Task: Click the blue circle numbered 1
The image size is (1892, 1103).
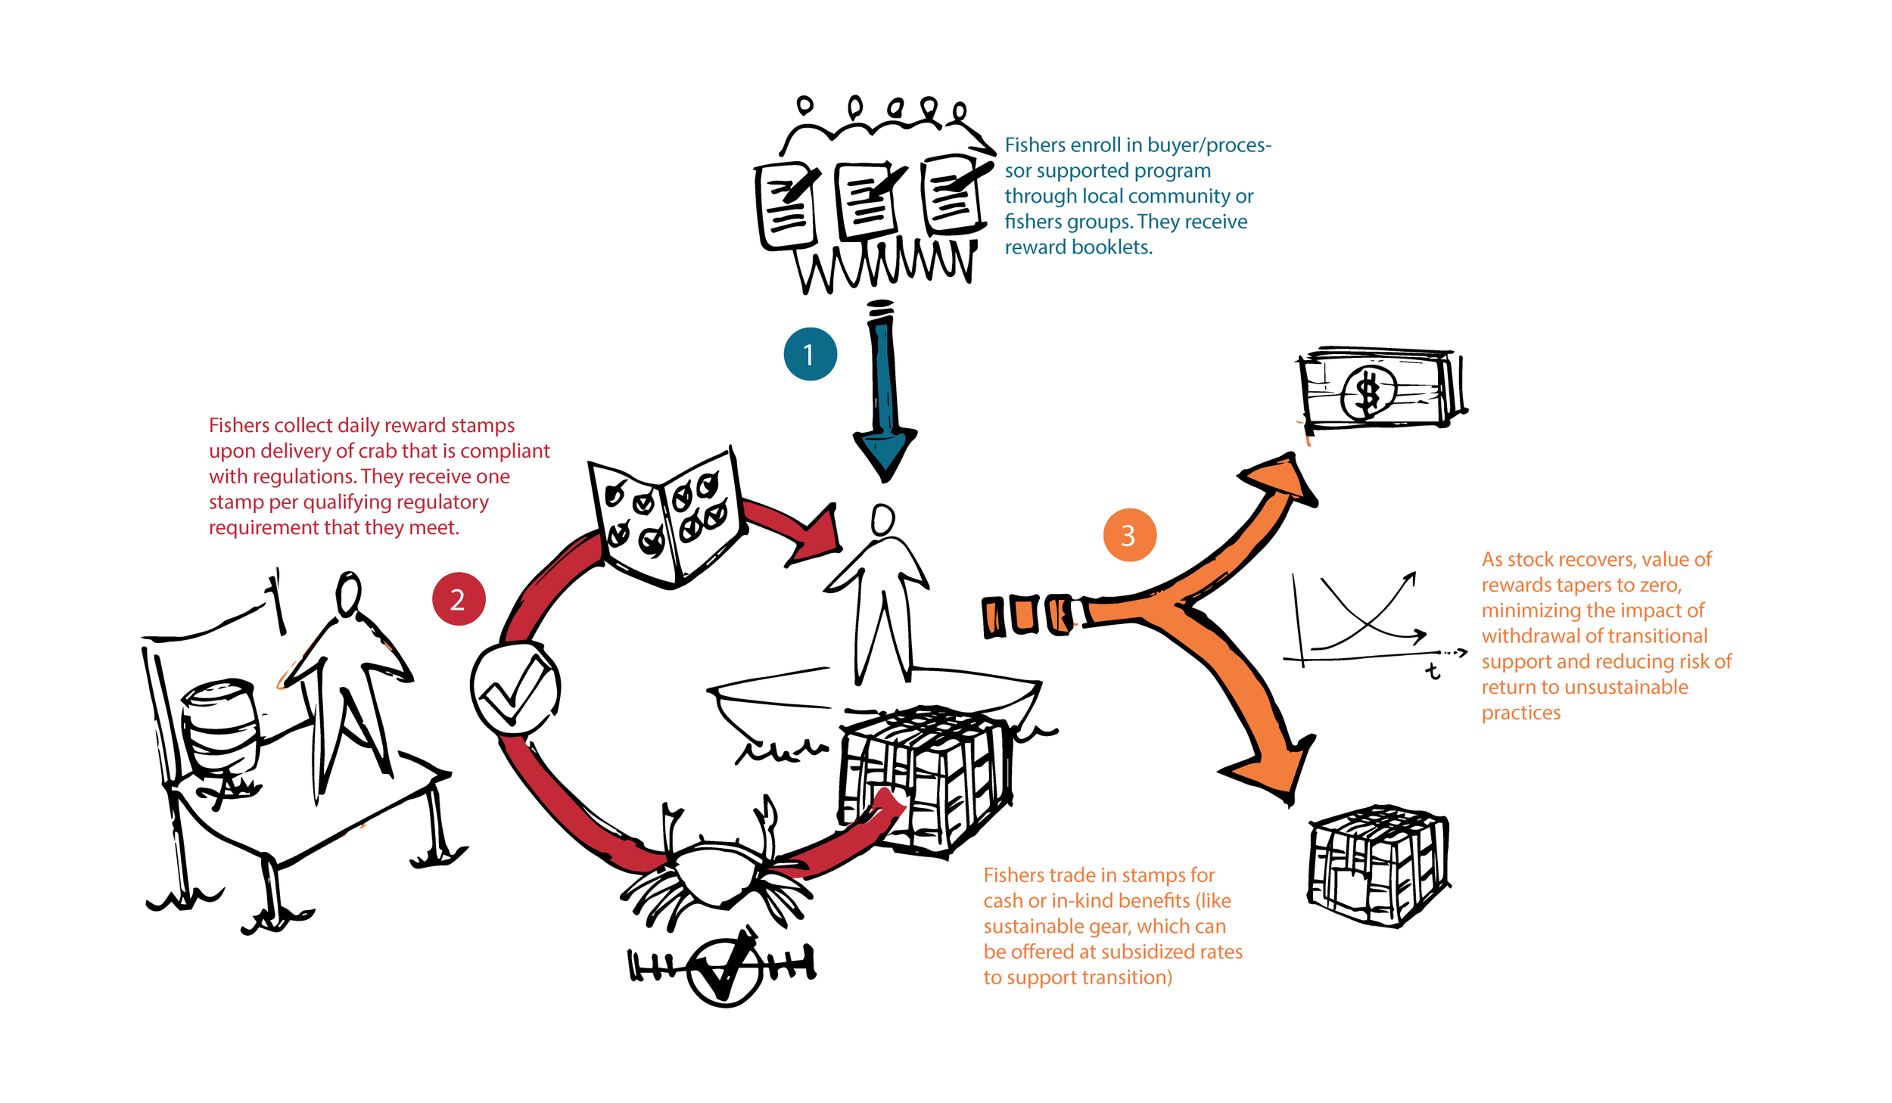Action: pyautogui.click(x=810, y=354)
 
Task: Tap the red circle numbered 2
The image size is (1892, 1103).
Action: pyautogui.click(x=459, y=599)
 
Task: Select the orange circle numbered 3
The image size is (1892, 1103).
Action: pyautogui.click(x=1129, y=535)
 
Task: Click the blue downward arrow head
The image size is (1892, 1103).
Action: pyautogui.click(x=884, y=454)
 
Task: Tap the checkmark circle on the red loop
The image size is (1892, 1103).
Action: pyautogui.click(x=515, y=689)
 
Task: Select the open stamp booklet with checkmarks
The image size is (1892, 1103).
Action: pyautogui.click(x=666, y=518)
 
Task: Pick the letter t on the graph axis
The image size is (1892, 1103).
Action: pyautogui.click(x=1432, y=671)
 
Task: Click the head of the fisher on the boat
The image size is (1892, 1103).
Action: pyautogui.click(x=882, y=520)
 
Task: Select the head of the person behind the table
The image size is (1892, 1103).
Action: pyautogui.click(x=349, y=594)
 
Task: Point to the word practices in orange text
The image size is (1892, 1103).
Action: pyautogui.click(x=1520, y=713)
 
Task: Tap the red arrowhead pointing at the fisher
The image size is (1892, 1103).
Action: pyautogui.click(x=817, y=537)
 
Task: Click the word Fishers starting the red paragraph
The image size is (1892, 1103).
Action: pyautogui.click(x=238, y=425)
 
